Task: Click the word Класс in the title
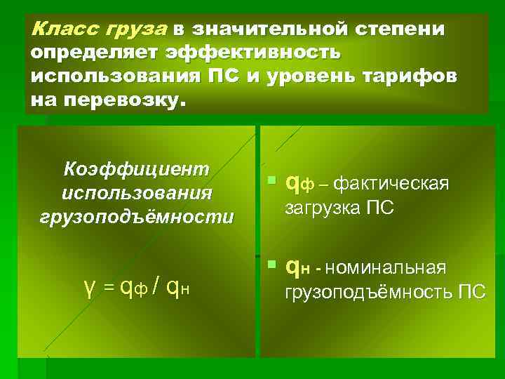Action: [56, 29]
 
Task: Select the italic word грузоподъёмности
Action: [137, 216]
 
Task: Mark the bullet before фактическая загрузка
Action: [272, 182]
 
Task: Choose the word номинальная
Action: [386, 268]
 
